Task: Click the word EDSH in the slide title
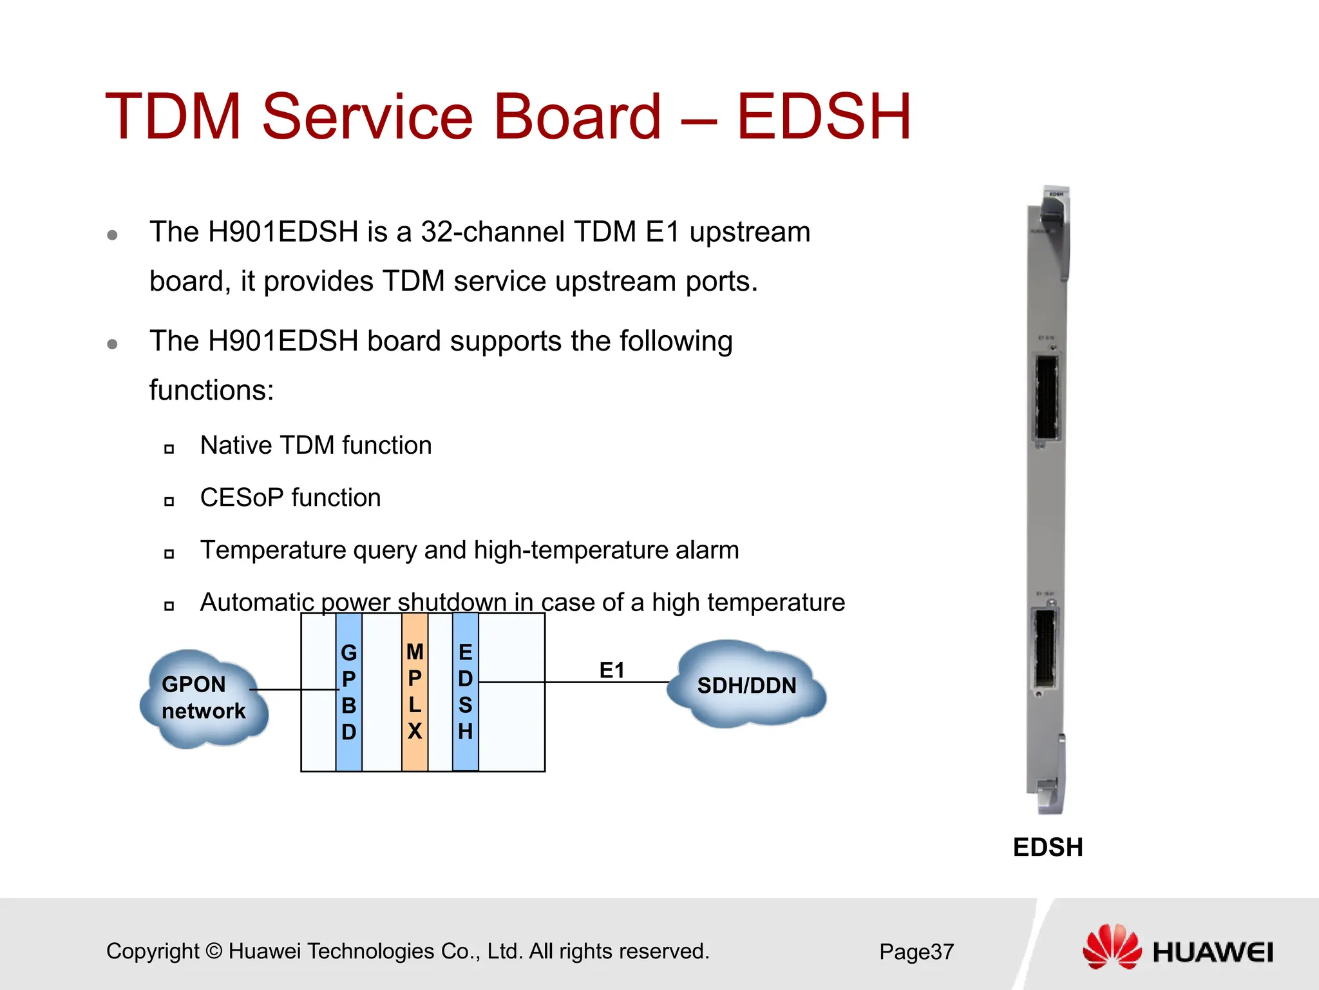point(823,117)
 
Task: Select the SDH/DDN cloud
point(746,685)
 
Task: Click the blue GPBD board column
point(348,692)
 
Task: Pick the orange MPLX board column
point(415,692)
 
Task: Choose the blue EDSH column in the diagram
point(465,692)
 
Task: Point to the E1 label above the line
point(612,670)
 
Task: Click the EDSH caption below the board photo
point(1048,847)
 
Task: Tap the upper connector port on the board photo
point(1047,398)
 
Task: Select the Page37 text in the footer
point(916,951)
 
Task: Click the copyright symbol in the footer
point(214,951)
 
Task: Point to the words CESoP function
point(290,498)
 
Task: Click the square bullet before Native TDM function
point(169,449)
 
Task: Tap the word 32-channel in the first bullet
point(492,232)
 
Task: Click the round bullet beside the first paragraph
point(112,235)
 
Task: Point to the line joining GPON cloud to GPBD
point(293,690)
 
